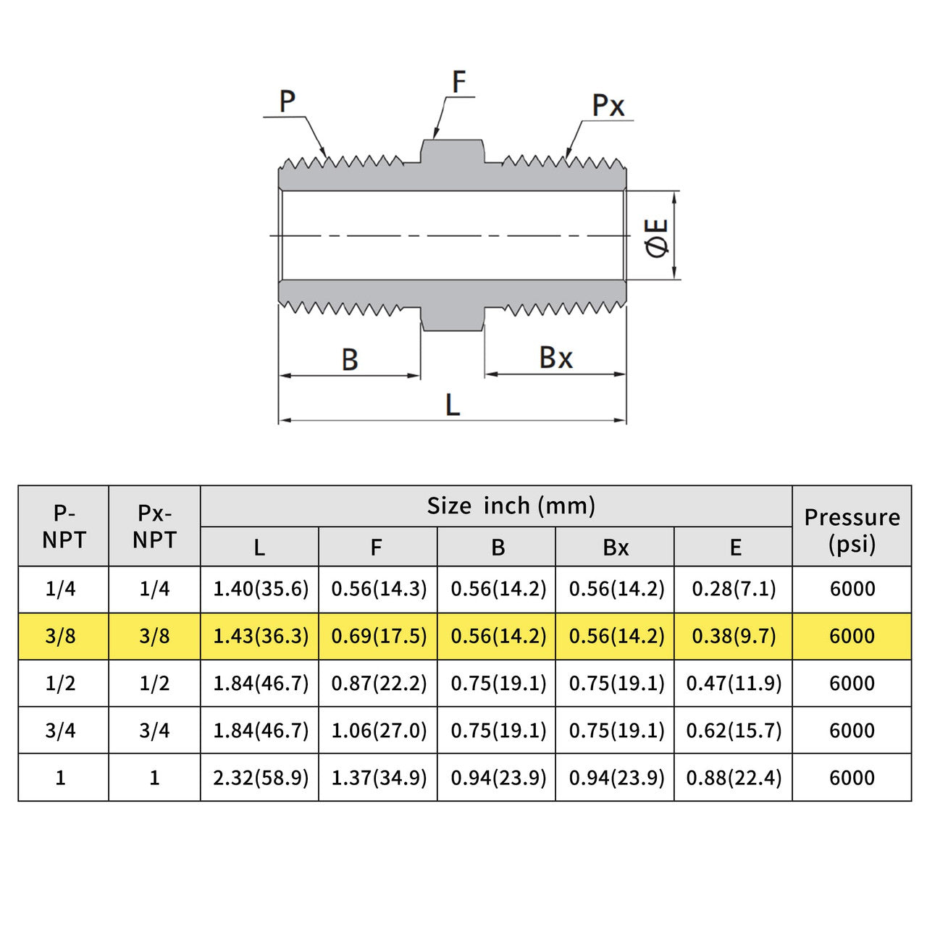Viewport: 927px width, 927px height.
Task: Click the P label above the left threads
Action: pyautogui.click(x=288, y=101)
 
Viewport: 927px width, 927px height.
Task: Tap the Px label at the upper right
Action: pyautogui.click(x=608, y=106)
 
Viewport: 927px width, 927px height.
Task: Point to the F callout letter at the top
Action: pyautogui.click(x=458, y=82)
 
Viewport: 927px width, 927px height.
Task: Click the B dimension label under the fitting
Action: pyautogui.click(x=350, y=359)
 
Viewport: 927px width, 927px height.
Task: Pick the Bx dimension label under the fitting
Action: pyautogui.click(x=555, y=358)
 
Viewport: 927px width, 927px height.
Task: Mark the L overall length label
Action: pyautogui.click(x=453, y=405)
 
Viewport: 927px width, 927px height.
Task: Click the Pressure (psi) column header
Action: pyautogui.click(x=852, y=530)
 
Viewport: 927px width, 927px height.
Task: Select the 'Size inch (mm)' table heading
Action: pyautogui.click(x=511, y=506)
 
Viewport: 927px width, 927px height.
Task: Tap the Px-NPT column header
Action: pyautogui.click(x=154, y=526)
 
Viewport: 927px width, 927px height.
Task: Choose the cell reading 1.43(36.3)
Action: pyautogui.click(x=261, y=636)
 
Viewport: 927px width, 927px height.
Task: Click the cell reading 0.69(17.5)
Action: pyautogui.click(x=379, y=636)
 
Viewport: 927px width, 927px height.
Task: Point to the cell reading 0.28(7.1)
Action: pyautogui.click(x=734, y=589)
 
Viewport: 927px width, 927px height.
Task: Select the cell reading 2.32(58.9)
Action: pyautogui.click(x=261, y=778)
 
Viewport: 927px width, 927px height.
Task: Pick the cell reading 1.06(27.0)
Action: pyautogui.click(x=379, y=730)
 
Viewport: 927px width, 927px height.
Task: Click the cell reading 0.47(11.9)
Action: pyautogui.click(x=734, y=683)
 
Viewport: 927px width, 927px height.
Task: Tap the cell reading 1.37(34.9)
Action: pyautogui.click(x=379, y=778)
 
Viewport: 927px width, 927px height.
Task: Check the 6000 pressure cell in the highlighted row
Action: pyautogui.click(x=852, y=636)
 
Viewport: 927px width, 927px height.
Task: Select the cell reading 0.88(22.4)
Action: pyautogui.click(x=734, y=778)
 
